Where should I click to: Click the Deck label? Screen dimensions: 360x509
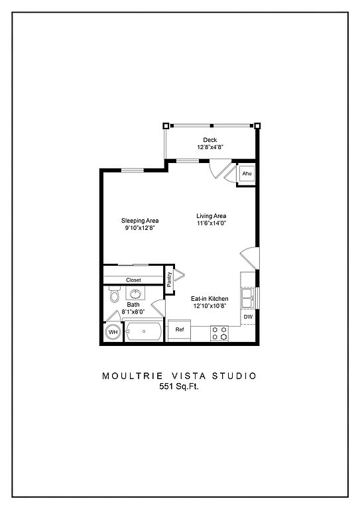coord(210,140)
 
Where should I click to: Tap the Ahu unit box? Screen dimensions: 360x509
coord(247,174)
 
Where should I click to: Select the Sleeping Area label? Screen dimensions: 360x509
coord(140,221)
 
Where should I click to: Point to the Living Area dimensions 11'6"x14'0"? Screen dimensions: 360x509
coord(211,223)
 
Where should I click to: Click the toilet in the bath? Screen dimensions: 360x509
coord(114,294)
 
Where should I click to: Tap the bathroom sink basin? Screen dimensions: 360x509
coord(135,294)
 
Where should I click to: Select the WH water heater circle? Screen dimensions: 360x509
coord(113,332)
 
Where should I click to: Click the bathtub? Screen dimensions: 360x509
coord(144,331)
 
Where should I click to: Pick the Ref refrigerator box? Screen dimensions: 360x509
coord(179,331)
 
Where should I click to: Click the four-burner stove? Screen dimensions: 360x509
coord(219,333)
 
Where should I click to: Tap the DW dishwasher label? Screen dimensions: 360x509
coord(248,317)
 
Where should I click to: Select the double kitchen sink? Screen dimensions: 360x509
coord(248,298)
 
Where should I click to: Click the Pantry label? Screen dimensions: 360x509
coord(169,280)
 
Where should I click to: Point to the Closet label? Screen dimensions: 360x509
coord(133,280)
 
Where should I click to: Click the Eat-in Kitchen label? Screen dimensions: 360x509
coord(210,299)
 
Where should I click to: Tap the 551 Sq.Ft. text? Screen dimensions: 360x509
coord(178,386)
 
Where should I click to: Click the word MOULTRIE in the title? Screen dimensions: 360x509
coord(133,376)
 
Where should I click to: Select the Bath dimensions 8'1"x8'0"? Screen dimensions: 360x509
coord(133,311)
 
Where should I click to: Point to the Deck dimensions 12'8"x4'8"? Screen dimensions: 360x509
coord(210,147)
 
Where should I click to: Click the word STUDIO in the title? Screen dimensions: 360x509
coord(235,376)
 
